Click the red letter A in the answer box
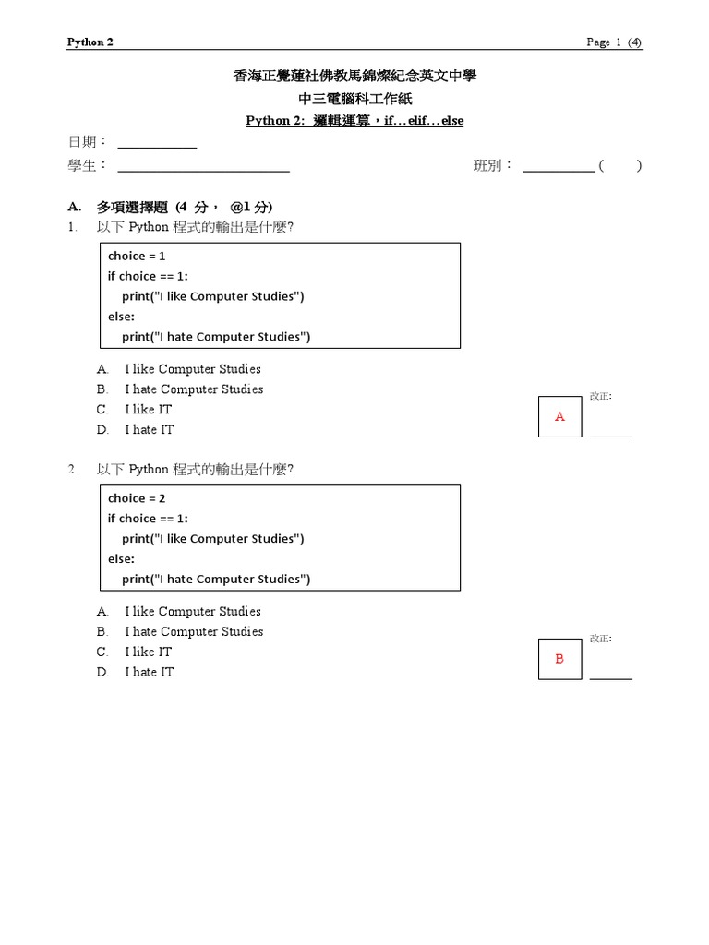point(559,417)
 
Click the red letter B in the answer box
point(559,659)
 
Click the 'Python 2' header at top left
point(90,42)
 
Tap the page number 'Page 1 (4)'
point(614,42)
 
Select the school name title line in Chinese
point(354,77)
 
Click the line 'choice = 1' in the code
point(137,256)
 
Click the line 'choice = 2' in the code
point(137,498)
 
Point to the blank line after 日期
point(157,146)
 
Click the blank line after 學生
point(203,170)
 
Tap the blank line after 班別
point(559,170)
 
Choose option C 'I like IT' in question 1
point(148,409)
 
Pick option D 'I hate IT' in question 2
point(149,672)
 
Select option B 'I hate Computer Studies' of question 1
point(194,389)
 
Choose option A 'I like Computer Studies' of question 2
point(193,611)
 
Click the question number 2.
point(72,470)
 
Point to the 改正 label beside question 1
point(600,396)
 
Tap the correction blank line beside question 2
point(611,677)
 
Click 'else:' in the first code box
point(121,317)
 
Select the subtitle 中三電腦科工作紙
point(354,99)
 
